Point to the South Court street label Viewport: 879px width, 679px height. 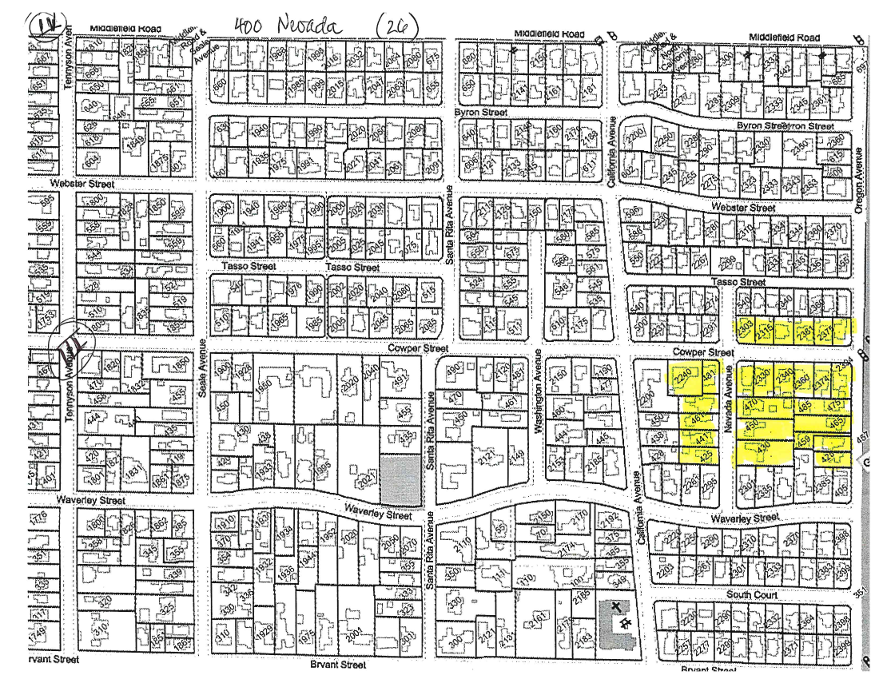click(753, 595)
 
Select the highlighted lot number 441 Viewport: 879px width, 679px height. click(700, 439)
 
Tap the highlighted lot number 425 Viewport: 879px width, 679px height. click(706, 457)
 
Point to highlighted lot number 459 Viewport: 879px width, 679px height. click(802, 440)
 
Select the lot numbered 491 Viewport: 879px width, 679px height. click(402, 382)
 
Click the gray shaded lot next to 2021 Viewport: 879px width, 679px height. click(400, 480)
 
